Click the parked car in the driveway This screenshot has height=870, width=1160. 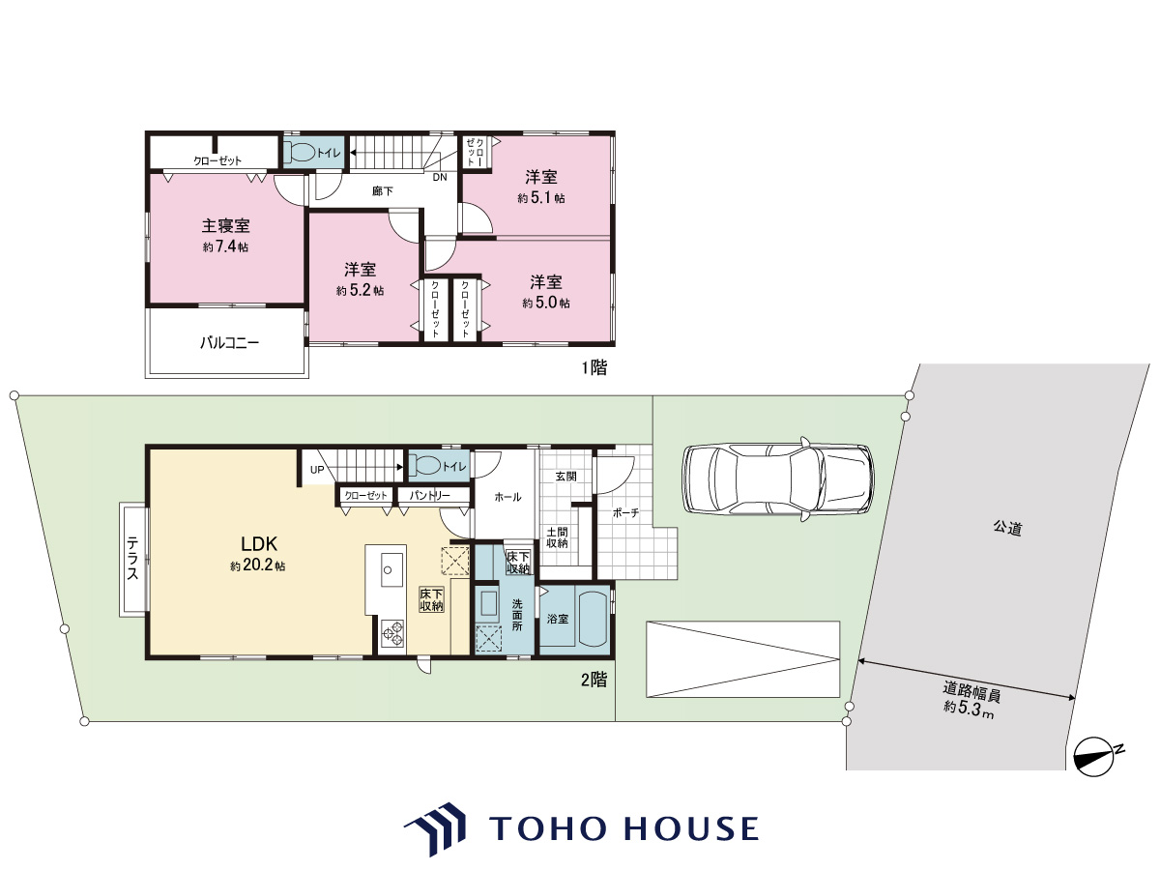click(778, 479)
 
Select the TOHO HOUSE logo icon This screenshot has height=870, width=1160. click(435, 827)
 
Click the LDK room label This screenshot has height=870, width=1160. click(259, 543)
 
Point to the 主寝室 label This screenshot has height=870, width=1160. click(225, 226)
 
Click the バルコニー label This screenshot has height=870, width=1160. click(229, 343)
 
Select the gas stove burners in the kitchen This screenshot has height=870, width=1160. click(392, 633)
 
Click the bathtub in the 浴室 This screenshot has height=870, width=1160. click(594, 618)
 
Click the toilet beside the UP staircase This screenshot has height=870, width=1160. click(425, 466)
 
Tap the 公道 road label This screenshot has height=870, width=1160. click(1008, 528)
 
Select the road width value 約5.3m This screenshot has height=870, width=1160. click(969, 708)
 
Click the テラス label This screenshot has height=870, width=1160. click(132, 559)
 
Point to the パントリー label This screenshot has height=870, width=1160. click(429, 496)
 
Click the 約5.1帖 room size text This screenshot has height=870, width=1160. click(541, 198)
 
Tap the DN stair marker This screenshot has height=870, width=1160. click(440, 178)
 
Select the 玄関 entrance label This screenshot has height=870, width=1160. click(565, 477)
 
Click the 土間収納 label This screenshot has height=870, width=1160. click(557, 537)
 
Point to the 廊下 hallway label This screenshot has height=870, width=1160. click(383, 191)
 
